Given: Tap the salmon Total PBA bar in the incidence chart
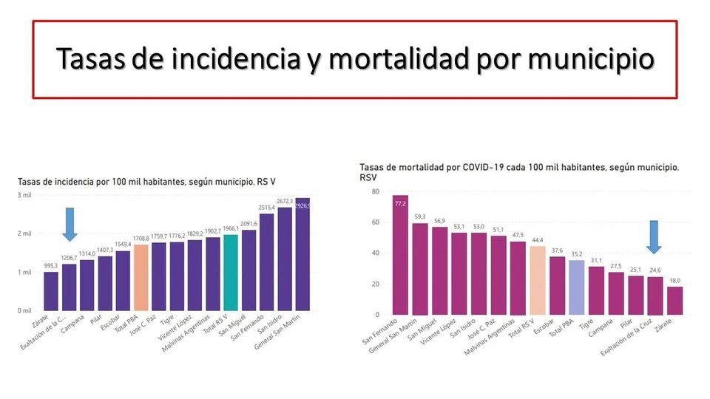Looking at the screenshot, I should click(141, 277).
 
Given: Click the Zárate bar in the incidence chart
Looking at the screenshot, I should click(51, 291).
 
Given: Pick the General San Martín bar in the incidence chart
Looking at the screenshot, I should click(302, 254).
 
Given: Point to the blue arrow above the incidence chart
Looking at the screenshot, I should click(70, 223).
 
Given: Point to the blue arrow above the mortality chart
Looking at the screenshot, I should click(655, 236).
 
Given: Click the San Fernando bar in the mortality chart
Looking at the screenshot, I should click(400, 255).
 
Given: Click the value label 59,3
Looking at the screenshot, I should click(419, 217).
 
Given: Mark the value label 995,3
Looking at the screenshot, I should click(51, 266).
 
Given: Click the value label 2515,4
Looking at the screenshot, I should click(266, 208).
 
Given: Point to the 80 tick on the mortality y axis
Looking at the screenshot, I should click(375, 191).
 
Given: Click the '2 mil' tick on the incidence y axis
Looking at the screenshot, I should click(24, 233).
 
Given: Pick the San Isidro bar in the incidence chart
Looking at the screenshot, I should click(284, 259).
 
